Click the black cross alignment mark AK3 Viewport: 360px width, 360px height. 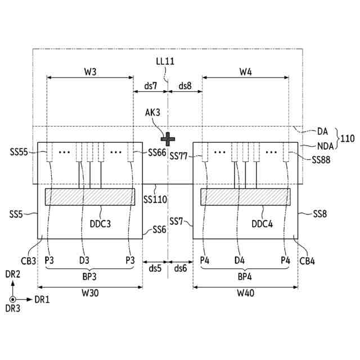pyautogui.click(x=167, y=137)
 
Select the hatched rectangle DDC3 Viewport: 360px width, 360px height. pyautogui.click(x=91, y=196)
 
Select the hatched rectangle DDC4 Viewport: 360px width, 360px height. pyautogui.click(x=245, y=196)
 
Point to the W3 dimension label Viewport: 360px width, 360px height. pyautogui.click(x=91, y=71)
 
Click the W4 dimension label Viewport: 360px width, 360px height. pyautogui.click(x=245, y=71)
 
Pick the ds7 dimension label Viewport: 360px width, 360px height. pyautogui.click(x=150, y=86)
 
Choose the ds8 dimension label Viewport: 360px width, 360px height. pyautogui.click(x=185, y=86)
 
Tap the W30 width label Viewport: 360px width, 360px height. pyautogui.click(x=91, y=293)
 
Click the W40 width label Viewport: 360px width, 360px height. pyautogui.click(x=245, y=293)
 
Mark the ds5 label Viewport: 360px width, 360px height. pyautogui.click(x=154, y=268)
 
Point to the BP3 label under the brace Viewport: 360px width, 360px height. pyautogui.click(x=91, y=277)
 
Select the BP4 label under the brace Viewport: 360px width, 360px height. pyautogui.click(x=245, y=277)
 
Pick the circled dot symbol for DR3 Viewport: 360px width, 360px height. pyautogui.click(x=12, y=299)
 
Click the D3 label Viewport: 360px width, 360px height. pyautogui.click(x=84, y=260)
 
